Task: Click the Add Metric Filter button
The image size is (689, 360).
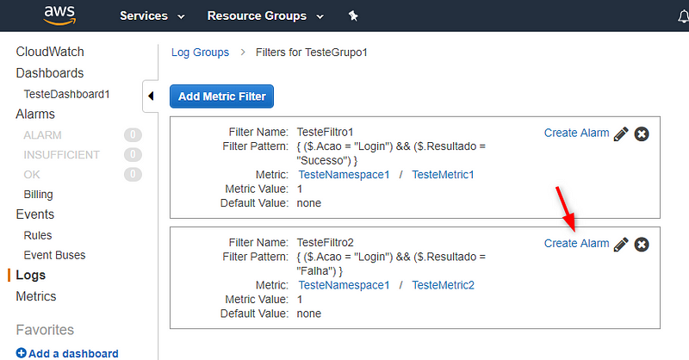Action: point(221,96)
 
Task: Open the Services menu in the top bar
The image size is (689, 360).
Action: point(152,16)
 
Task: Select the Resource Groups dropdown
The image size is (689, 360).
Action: point(265,16)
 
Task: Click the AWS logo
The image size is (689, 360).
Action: point(59,15)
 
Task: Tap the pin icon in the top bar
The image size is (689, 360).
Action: point(353,16)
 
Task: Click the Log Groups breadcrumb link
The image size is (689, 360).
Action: point(200,53)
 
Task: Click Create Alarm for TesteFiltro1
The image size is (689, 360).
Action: point(576,133)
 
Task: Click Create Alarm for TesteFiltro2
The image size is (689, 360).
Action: point(576,243)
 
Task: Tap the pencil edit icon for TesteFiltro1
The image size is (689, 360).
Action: point(621,133)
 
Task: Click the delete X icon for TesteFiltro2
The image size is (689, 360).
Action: point(642,245)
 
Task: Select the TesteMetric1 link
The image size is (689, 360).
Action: point(443,175)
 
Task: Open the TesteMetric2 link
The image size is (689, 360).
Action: point(443,285)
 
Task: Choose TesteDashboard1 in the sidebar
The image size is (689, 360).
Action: point(66,94)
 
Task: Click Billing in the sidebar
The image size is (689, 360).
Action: point(38,195)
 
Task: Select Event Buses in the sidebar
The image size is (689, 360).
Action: point(54,255)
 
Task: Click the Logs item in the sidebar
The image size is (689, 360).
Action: point(30,275)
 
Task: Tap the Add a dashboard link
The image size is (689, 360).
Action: point(67,353)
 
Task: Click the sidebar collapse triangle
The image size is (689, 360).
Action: point(151,96)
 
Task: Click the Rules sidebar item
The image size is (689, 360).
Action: point(38,235)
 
